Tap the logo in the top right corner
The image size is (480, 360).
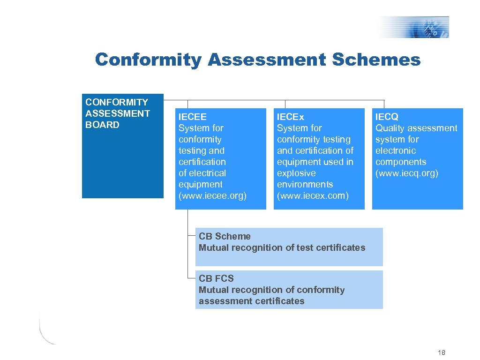click(x=414, y=27)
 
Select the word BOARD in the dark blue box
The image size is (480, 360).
click(x=102, y=125)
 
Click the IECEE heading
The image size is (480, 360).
click(x=192, y=117)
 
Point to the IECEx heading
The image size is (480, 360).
click(x=291, y=117)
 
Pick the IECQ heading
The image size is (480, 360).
click(x=387, y=117)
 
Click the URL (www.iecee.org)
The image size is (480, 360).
click(x=212, y=195)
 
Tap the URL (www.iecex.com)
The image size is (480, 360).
click(x=313, y=195)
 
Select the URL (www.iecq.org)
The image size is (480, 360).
click(x=407, y=173)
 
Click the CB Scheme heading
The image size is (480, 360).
click(x=225, y=236)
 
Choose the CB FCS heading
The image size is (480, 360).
click(x=216, y=278)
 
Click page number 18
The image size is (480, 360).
click(x=441, y=352)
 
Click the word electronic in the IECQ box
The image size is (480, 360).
click(x=396, y=150)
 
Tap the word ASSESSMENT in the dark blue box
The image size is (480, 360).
click(x=118, y=113)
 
